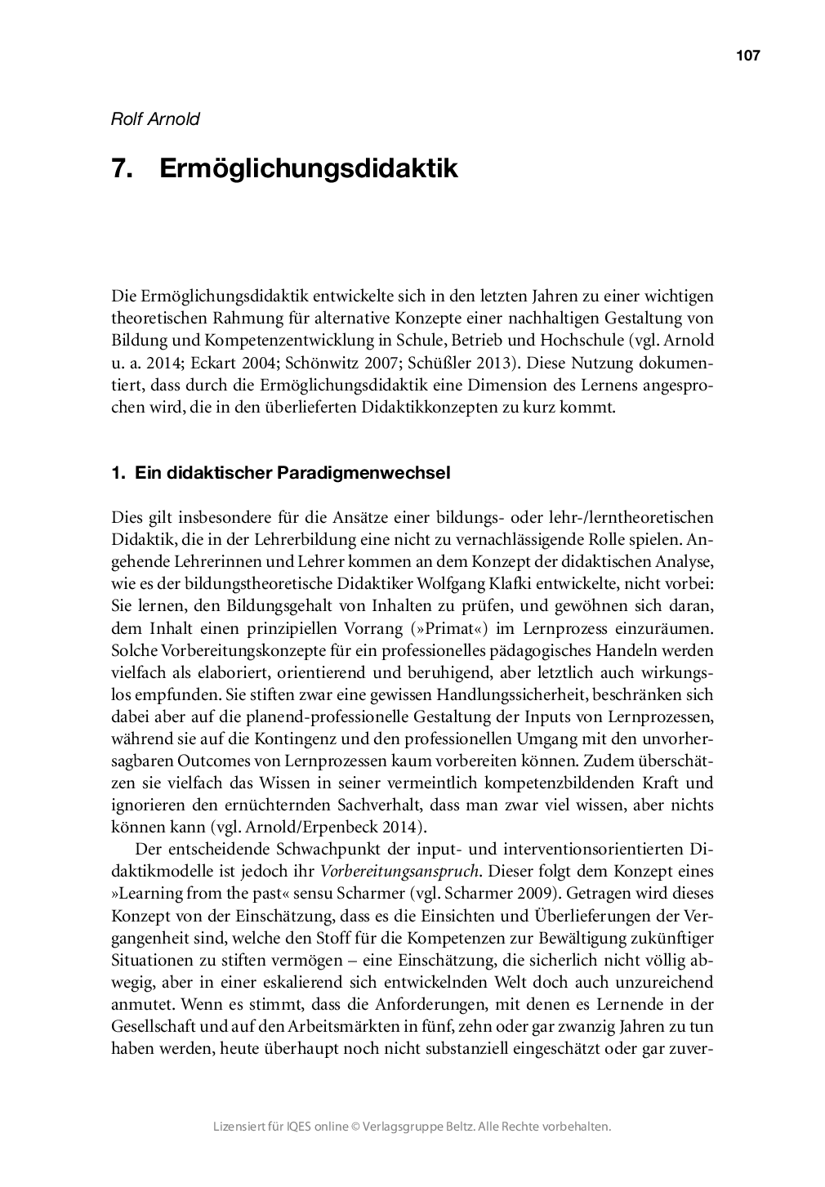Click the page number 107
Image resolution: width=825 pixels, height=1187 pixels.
point(747,56)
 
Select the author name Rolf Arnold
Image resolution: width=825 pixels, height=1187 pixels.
point(155,118)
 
